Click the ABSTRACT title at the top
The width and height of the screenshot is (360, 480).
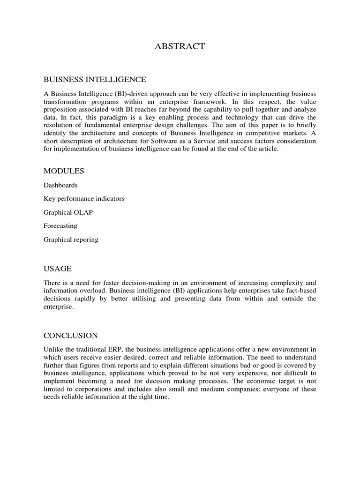(x=180, y=46)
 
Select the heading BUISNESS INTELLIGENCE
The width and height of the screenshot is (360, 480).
(x=95, y=79)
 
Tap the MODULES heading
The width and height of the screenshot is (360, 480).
(x=64, y=171)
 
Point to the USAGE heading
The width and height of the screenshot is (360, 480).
(x=58, y=269)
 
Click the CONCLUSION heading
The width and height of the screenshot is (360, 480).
(x=71, y=335)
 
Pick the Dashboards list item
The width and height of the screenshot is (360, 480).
(x=60, y=185)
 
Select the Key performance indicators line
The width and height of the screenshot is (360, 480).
(x=84, y=199)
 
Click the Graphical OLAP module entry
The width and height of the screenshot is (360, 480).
(x=68, y=212)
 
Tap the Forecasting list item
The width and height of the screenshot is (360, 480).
(x=60, y=226)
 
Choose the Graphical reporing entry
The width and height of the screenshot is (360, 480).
(x=71, y=240)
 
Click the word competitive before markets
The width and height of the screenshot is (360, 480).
(x=261, y=133)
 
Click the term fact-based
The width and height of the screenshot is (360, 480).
(x=300, y=291)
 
